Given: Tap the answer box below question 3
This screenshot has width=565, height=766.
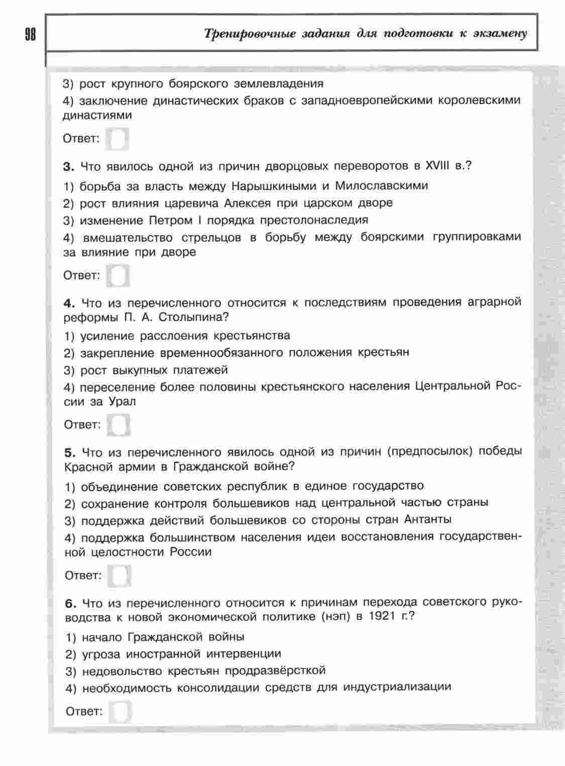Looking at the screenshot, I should pos(119,275).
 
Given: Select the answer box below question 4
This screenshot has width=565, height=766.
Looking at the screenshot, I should pos(119,424).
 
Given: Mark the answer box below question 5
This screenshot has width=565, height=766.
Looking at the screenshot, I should pos(120,575).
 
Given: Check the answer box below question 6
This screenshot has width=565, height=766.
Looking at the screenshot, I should pos(121,711).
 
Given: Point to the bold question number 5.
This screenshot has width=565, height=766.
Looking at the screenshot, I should pos(69,452).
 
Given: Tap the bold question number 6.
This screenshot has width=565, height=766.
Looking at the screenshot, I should pos(70,602).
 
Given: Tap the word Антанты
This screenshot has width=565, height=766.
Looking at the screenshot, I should pos(427,519).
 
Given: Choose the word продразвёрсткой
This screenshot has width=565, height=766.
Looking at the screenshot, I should pos(275,671).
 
